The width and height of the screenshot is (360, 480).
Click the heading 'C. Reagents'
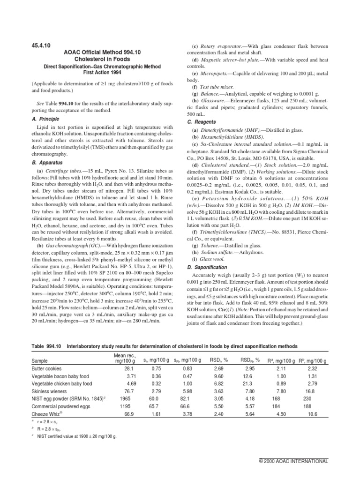click(x=205, y=121)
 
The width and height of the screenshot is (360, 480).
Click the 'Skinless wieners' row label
click(x=49, y=391)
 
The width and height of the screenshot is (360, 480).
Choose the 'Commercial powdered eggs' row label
click(x=60, y=405)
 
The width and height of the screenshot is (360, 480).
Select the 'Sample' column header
click(x=39, y=360)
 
